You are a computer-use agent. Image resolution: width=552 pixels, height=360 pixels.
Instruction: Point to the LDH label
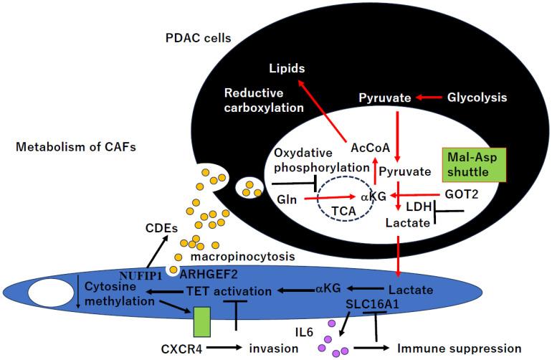click(419, 208)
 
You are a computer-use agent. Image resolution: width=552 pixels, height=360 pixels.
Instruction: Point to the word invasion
click(272, 349)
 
